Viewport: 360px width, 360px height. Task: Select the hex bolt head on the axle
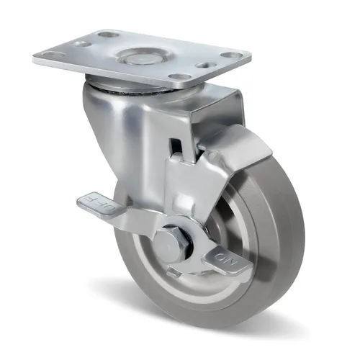[x=170, y=244]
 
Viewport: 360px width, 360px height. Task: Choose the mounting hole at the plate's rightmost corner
[x=230, y=55]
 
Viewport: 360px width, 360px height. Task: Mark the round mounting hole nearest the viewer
[x=179, y=76]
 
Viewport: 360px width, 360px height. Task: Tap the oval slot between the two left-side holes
[x=81, y=44]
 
